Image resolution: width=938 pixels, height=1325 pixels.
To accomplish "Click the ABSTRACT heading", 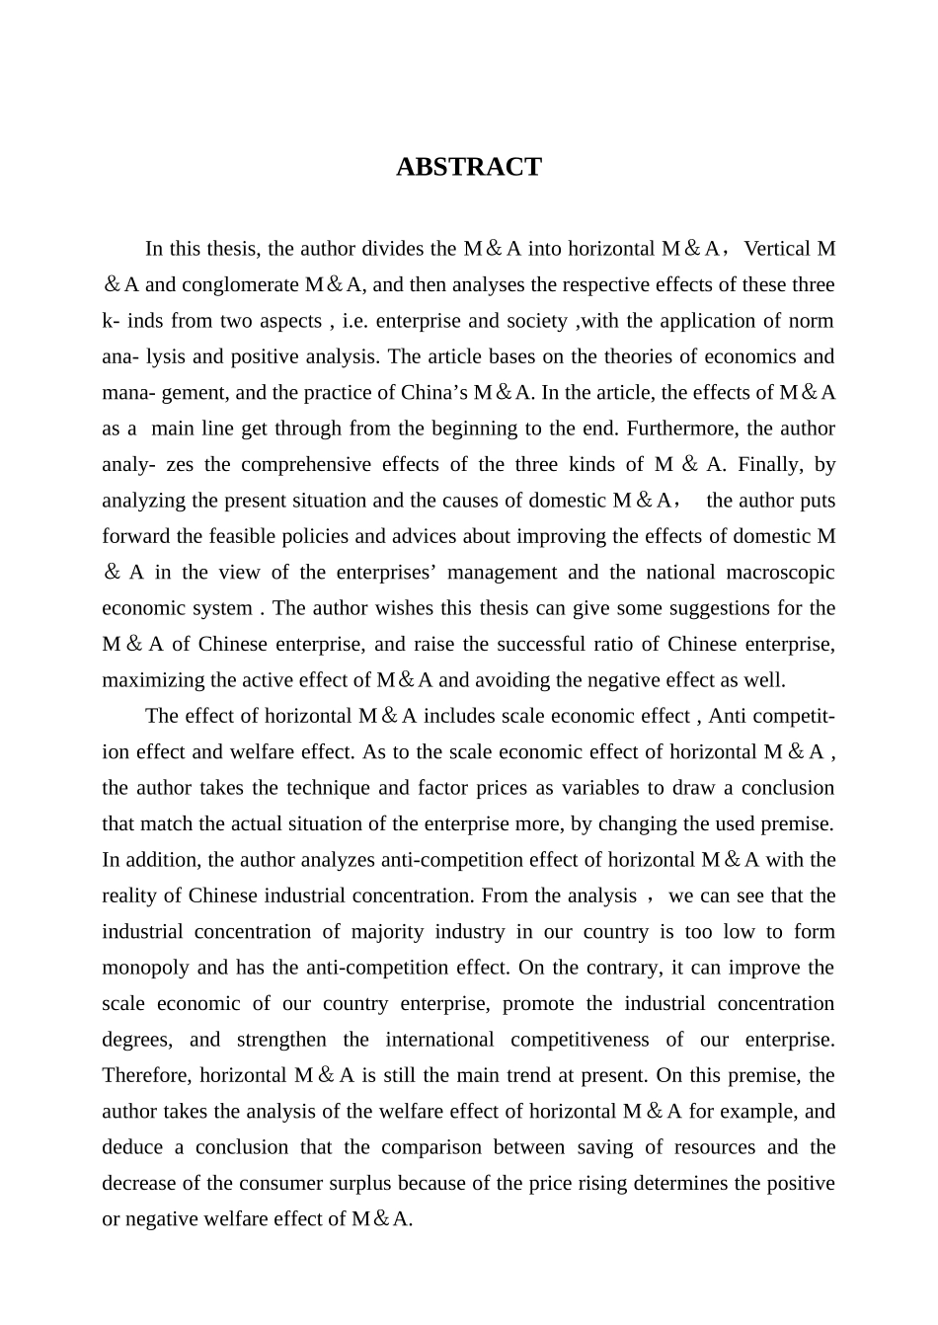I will coord(468,167).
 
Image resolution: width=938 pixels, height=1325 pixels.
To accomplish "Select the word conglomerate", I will coord(239,285).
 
